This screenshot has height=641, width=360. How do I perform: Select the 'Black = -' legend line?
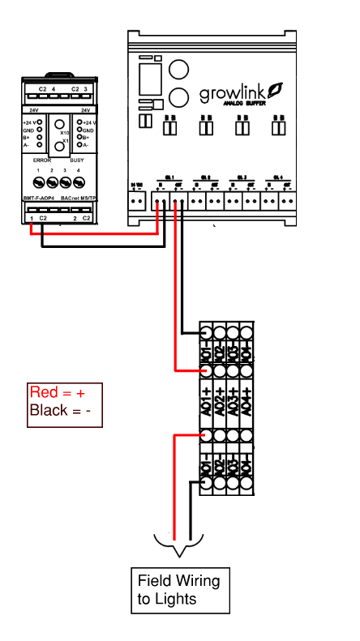59,411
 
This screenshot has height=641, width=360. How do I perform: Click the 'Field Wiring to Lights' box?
178,590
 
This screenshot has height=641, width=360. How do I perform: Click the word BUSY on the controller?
78,160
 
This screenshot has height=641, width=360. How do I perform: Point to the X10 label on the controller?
65,131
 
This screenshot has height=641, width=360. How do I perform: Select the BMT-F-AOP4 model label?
38,199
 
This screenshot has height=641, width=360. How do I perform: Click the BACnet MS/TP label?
79,199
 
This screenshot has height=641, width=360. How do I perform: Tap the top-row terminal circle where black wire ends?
207,332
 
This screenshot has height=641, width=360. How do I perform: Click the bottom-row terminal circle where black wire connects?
207,485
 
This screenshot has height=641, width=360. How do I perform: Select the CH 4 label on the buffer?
278,177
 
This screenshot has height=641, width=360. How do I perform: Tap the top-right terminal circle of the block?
246,332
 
